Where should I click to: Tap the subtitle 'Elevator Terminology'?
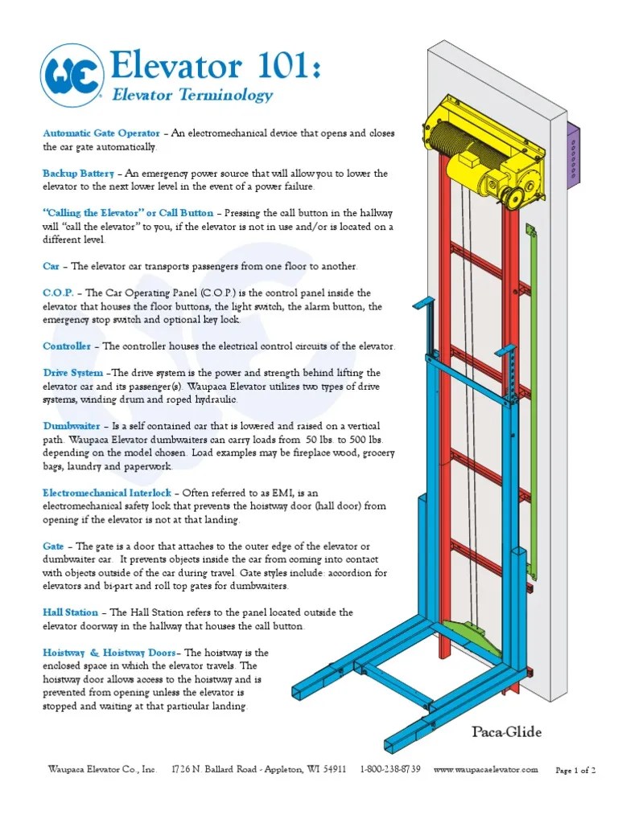(x=192, y=96)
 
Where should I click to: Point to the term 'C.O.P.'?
(x=57, y=293)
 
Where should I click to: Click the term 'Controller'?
(x=67, y=346)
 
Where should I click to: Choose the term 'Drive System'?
(x=72, y=373)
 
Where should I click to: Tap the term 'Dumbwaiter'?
(x=72, y=425)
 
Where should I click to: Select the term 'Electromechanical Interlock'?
(x=107, y=493)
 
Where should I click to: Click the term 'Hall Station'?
(x=71, y=612)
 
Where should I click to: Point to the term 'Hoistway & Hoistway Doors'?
(x=108, y=653)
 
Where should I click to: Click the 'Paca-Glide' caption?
(x=506, y=732)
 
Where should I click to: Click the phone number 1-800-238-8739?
(x=390, y=770)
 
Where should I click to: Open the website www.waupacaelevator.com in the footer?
(x=485, y=770)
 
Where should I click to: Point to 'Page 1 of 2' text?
(x=575, y=771)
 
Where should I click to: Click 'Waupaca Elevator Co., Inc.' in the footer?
(x=101, y=770)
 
